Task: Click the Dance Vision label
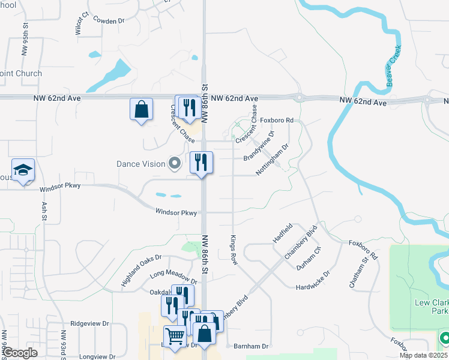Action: click(x=141, y=164)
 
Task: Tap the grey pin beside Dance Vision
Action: click(x=175, y=163)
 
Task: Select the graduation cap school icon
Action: click(x=23, y=171)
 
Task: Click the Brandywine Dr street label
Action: click(x=259, y=146)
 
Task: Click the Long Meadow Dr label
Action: click(x=173, y=277)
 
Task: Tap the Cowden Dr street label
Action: click(x=108, y=20)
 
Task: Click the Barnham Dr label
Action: click(x=252, y=346)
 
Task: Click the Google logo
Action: click(x=20, y=353)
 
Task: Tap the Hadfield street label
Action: click(x=282, y=233)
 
